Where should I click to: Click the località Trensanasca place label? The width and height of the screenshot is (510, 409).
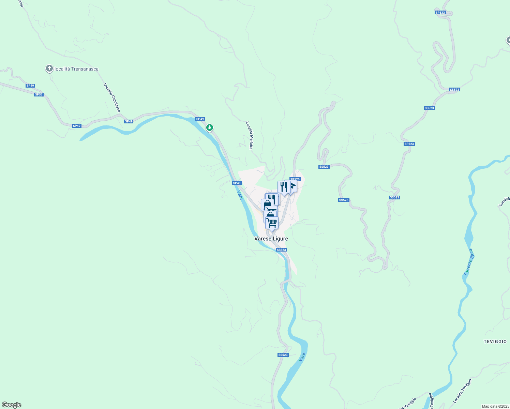click(76, 69)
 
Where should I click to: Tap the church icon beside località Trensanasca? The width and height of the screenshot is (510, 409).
click(49, 69)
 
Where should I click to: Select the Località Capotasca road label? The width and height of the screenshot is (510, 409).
click(112, 97)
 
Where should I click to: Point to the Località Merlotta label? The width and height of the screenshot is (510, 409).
click(250, 135)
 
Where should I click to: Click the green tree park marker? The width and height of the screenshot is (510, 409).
click(210, 127)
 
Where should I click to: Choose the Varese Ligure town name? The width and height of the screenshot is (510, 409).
click(271, 239)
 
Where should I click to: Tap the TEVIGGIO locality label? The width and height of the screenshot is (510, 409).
click(495, 341)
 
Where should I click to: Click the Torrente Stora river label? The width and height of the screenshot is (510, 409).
click(469, 262)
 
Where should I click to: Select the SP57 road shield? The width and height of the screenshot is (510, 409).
click(39, 94)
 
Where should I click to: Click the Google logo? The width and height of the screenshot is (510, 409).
click(12, 405)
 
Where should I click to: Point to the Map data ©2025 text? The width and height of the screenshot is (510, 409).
click(495, 406)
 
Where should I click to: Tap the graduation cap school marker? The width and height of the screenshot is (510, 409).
click(292, 186)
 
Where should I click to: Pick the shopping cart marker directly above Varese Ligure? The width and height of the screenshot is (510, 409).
click(272, 223)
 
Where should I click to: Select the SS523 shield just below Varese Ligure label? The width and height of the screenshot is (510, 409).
click(281, 250)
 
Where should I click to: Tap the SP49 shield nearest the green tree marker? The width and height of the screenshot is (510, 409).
click(200, 119)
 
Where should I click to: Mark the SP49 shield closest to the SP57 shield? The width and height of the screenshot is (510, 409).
click(30, 86)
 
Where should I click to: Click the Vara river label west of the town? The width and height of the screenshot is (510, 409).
click(240, 195)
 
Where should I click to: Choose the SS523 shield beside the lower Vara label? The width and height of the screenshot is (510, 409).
click(283, 355)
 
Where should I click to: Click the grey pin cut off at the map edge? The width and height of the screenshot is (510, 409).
click(508, 40)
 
